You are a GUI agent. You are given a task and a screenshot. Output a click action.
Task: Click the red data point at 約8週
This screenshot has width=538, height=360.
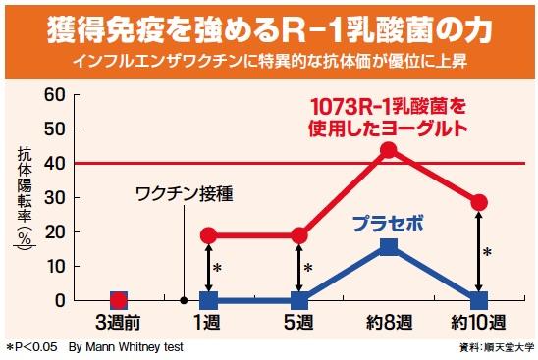click(x=389, y=150)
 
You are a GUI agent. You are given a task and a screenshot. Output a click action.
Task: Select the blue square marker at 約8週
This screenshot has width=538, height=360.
click(x=389, y=246)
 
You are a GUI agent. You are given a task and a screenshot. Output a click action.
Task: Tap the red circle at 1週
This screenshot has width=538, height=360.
click(x=208, y=235)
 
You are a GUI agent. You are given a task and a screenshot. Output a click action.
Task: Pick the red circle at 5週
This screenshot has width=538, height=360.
click(x=299, y=235)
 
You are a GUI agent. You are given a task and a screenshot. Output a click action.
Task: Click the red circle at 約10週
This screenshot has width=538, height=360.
click(x=479, y=202)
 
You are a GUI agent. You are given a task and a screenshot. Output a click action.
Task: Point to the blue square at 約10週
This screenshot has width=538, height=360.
click(x=479, y=300)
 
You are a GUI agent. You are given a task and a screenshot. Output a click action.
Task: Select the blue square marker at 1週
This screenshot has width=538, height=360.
click(x=208, y=300)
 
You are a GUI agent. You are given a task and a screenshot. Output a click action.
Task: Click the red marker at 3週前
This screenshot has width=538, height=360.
click(x=118, y=300)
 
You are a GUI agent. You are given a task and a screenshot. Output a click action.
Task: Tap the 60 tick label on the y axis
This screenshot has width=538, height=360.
click(x=53, y=95)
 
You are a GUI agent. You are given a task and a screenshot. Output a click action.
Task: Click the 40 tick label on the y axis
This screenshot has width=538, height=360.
click(x=53, y=164)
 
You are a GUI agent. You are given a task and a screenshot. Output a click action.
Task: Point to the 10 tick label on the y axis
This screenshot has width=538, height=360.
click(x=53, y=266)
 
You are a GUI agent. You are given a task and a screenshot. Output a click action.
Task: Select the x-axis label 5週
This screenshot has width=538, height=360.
click(x=299, y=324)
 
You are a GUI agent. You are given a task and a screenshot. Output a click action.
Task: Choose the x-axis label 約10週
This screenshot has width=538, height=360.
click(x=479, y=324)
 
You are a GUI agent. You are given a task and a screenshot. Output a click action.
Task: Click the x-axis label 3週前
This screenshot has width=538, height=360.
click(x=118, y=324)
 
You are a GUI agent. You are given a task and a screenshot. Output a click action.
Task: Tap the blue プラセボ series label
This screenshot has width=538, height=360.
click(x=389, y=222)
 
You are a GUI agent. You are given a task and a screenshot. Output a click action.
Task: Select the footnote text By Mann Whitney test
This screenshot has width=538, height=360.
click(x=126, y=347)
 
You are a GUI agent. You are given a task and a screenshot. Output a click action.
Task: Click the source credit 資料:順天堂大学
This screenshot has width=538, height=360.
click(x=497, y=348)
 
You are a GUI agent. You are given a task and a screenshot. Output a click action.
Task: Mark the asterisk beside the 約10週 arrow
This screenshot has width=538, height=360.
click(x=487, y=252)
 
